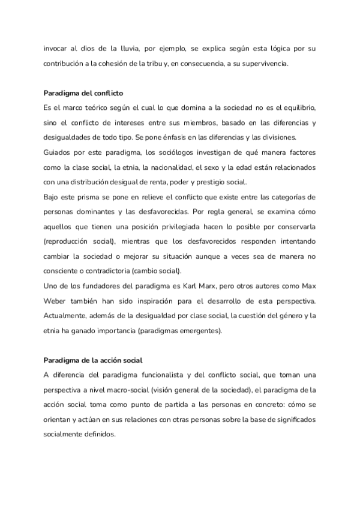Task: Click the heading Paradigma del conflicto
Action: click(84, 93)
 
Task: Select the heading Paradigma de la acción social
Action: click(93, 361)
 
